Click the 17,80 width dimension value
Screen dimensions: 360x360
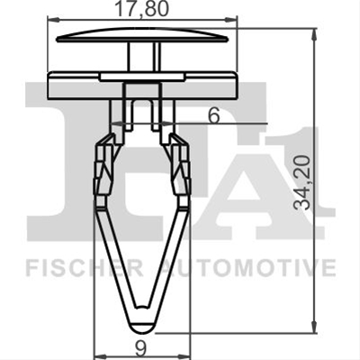(x=141, y=9)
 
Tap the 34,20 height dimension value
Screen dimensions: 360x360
(x=301, y=182)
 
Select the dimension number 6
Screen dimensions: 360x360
(x=214, y=115)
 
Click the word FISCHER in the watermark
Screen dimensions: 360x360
(x=85, y=269)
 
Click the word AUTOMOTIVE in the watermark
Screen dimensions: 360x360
(x=247, y=269)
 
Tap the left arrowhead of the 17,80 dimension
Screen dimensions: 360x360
(x=53, y=20)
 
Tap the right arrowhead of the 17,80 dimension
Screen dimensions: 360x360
(x=232, y=20)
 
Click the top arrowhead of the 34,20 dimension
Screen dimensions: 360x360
(x=314, y=34)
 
